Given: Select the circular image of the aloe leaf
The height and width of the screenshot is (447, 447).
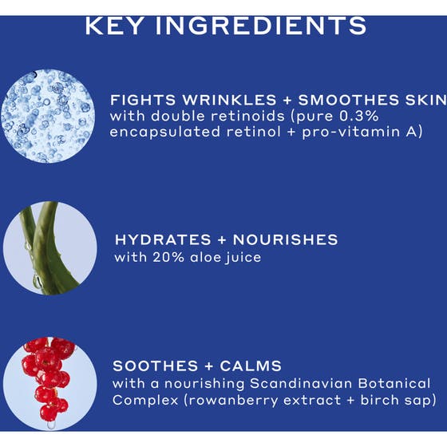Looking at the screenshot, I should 50,247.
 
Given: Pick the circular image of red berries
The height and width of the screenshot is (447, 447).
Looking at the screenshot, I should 50,379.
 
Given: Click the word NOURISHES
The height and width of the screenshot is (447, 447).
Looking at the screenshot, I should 283,239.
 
